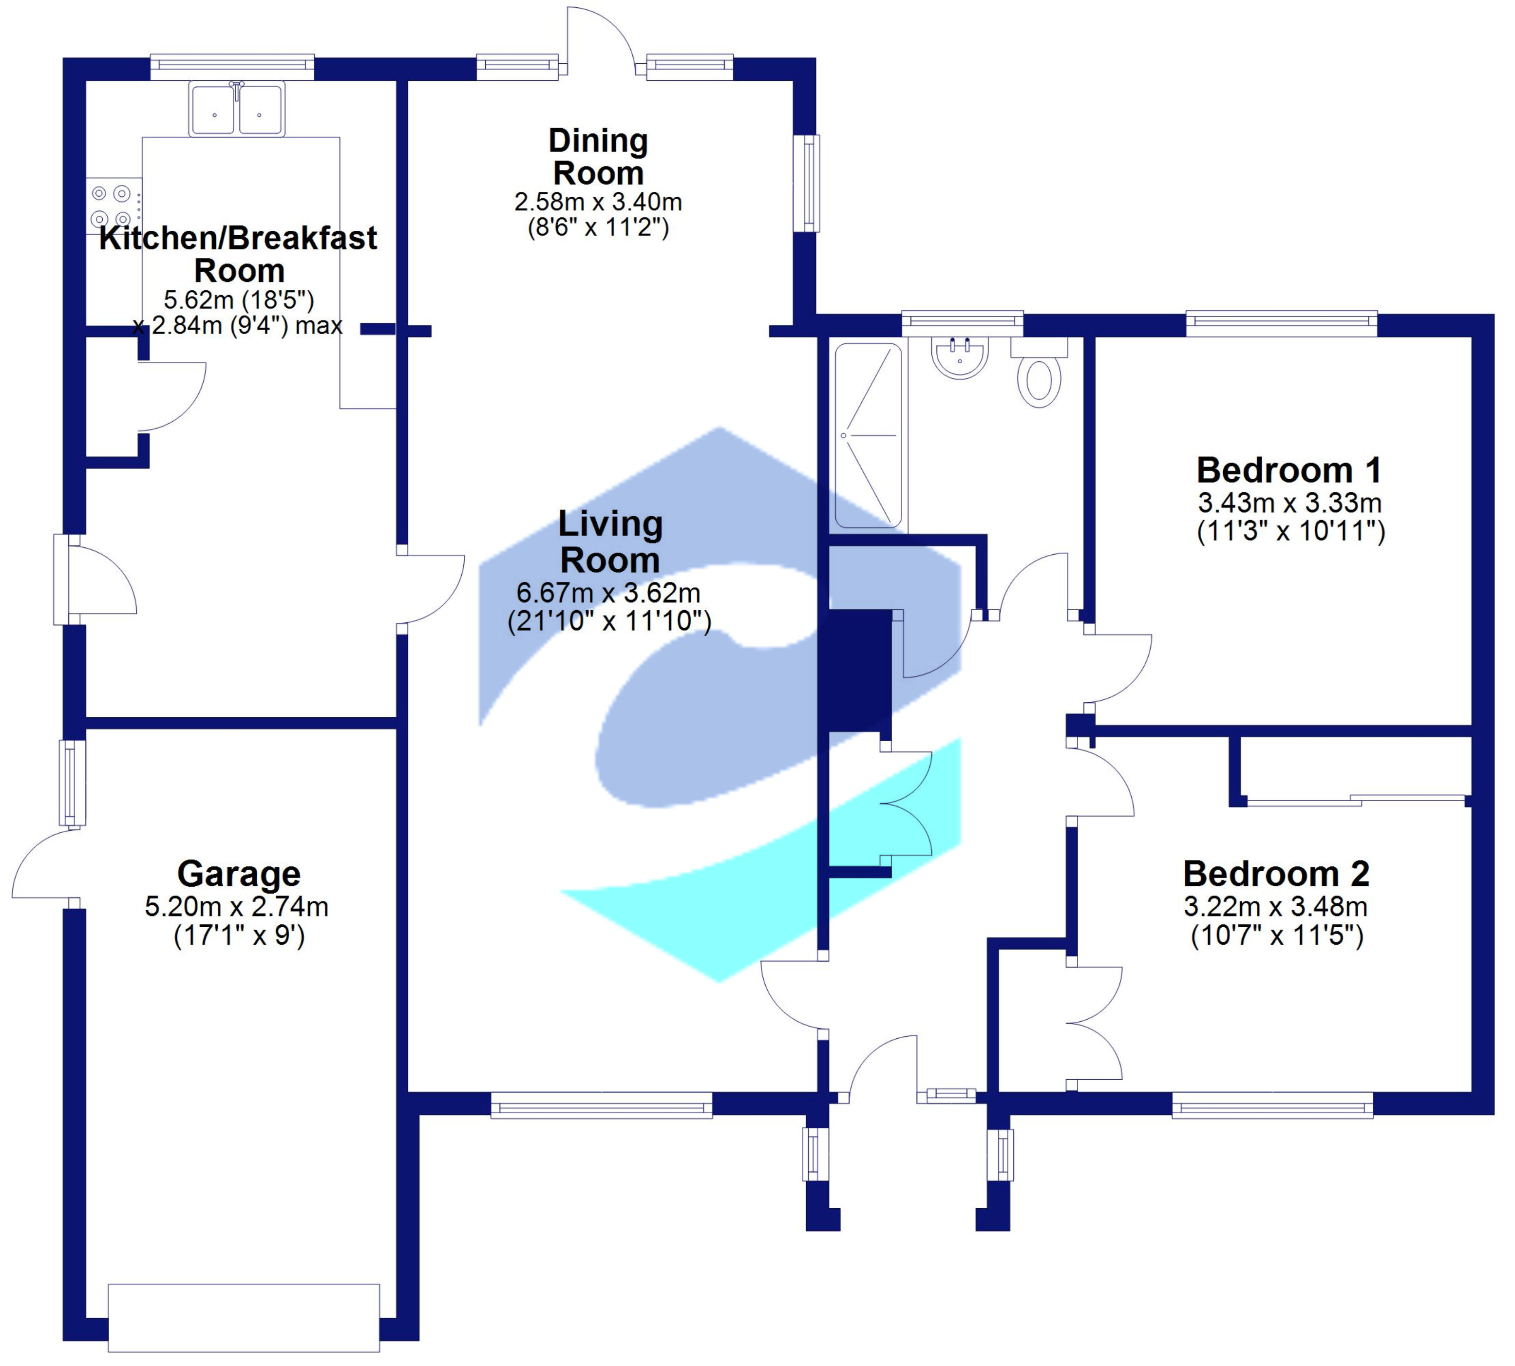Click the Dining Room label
point(598,156)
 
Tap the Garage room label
point(239,874)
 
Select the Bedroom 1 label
point(1288,470)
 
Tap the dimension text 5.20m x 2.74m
point(236,907)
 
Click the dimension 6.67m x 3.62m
point(608,593)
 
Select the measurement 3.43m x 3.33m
point(1289,503)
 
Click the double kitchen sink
point(236,109)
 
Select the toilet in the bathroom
point(1039,379)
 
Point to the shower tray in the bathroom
point(868,435)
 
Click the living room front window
point(601,1105)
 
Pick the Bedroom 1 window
point(1281,323)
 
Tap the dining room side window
point(808,183)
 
